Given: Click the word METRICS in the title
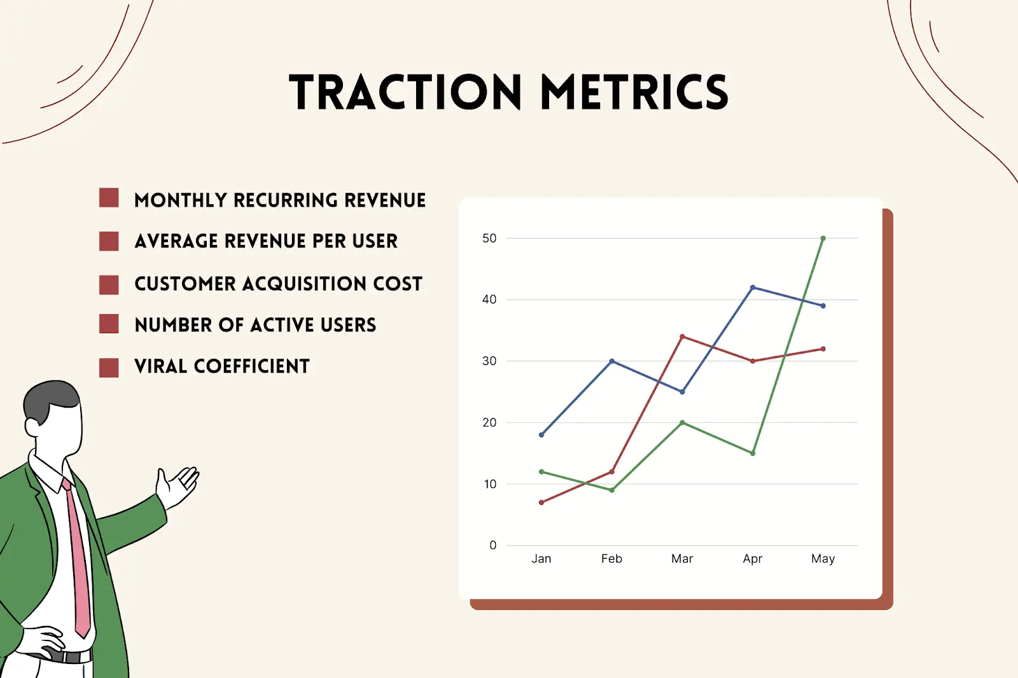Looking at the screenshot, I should pyautogui.click(x=634, y=93).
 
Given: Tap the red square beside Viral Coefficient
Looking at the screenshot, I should pyautogui.click(x=109, y=368).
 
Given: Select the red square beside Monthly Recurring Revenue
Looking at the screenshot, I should pyautogui.click(x=109, y=198).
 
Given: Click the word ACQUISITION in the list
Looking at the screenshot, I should pyautogui.click(x=305, y=284).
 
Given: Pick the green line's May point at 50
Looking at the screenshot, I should pyautogui.click(x=823, y=239).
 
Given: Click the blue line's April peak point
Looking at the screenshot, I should pyautogui.click(x=753, y=287).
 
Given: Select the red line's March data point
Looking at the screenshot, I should pyautogui.click(x=682, y=336).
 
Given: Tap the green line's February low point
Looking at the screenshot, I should pyautogui.click(x=612, y=490).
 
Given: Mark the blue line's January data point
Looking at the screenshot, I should pyautogui.click(x=541, y=435).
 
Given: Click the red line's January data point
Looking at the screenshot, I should pyautogui.click(x=541, y=502).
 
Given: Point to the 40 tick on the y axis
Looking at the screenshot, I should pyautogui.click(x=489, y=300).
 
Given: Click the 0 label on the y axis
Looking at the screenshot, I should pyautogui.click(x=492, y=545).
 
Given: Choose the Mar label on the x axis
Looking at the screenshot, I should pyautogui.click(x=682, y=559).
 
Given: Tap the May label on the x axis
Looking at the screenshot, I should pyautogui.click(x=823, y=559).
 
